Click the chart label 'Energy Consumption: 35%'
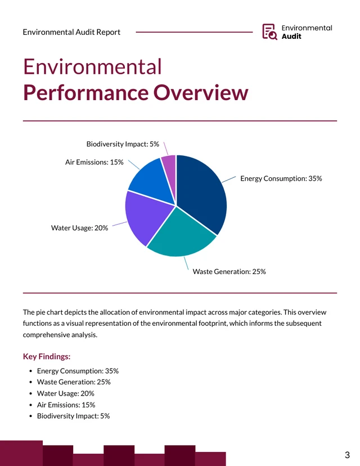pyautogui.click(x=281, y=178)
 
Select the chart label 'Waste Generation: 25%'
pyautogui.click(x=229, y=271)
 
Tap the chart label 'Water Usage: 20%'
pyautogui.click(x=79, y=228)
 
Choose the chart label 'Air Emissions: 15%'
pyautogui.click(x=94, y=162)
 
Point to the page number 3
pyautogui.click(x=347, y=454)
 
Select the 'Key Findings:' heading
pyautogui.click(x=47, y=356)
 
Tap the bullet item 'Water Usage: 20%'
pyautogui.click(x=65, y=393)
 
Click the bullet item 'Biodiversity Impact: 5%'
pyautogui.click(x=73, y=416)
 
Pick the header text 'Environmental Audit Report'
pyautogui.click(x=71, y=32)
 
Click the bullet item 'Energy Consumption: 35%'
pyautogui.click(x=78, y=371)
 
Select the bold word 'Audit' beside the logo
pyautogui.click(x=291, y=37)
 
